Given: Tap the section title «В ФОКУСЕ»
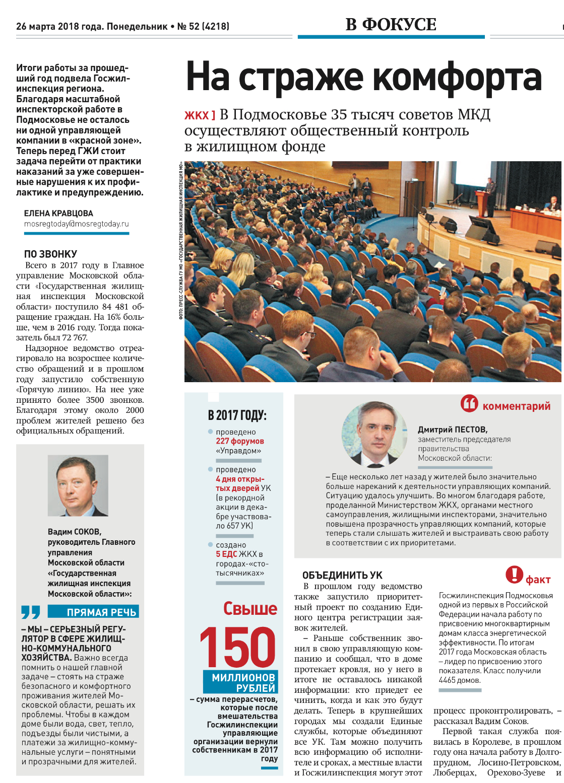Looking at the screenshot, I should tap(391, 25).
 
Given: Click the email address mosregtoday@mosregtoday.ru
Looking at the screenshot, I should tap(77, 224).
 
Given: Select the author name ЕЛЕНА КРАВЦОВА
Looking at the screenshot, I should tap(58, 213).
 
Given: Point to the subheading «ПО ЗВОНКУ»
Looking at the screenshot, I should tap(50, 254).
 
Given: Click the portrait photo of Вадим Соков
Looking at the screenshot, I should tap(78, 485).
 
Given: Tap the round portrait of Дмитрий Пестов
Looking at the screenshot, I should tap(375, 434).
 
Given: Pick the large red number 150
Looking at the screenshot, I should tap(237, 647).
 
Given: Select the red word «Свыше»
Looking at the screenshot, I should tap(250, 608).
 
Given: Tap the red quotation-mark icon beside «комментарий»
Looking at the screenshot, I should tap(469, 403).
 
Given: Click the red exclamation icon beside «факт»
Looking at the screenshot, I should tap(514, 575).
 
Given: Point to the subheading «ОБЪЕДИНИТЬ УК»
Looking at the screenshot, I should tap(342, 575).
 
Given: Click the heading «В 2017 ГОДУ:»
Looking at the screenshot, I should tap(237, 415).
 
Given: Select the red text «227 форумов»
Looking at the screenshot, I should tap(240, 441).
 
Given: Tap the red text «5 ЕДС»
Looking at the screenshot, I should tap(226, 554).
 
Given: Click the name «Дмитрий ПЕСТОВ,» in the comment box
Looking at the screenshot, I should tap(453, 430).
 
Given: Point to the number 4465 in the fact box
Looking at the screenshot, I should tap(448, 680).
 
